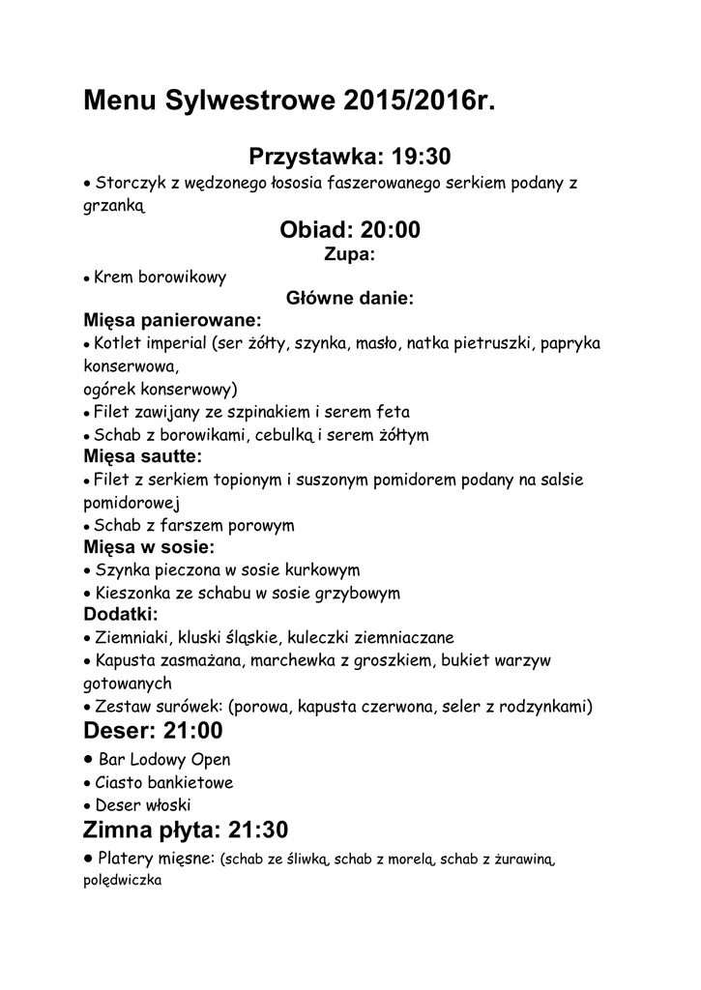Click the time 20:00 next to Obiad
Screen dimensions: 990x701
390,230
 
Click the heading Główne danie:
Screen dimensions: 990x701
349,299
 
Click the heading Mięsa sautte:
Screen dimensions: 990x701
142,455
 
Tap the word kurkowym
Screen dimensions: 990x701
319,569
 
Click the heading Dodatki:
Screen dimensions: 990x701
121,614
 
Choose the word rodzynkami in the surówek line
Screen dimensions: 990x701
539,706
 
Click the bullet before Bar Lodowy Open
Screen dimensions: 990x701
89,759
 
